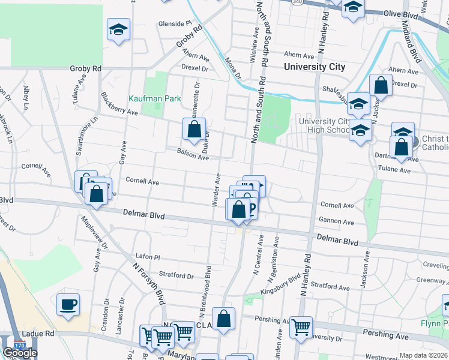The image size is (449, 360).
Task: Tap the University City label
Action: click(315, 67)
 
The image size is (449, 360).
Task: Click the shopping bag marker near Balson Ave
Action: click(194, 129)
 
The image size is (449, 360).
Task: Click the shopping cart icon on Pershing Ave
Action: click(301, 327)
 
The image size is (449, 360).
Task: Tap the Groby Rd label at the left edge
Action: click(85, 69)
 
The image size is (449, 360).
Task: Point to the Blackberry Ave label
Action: click(119, 104)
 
